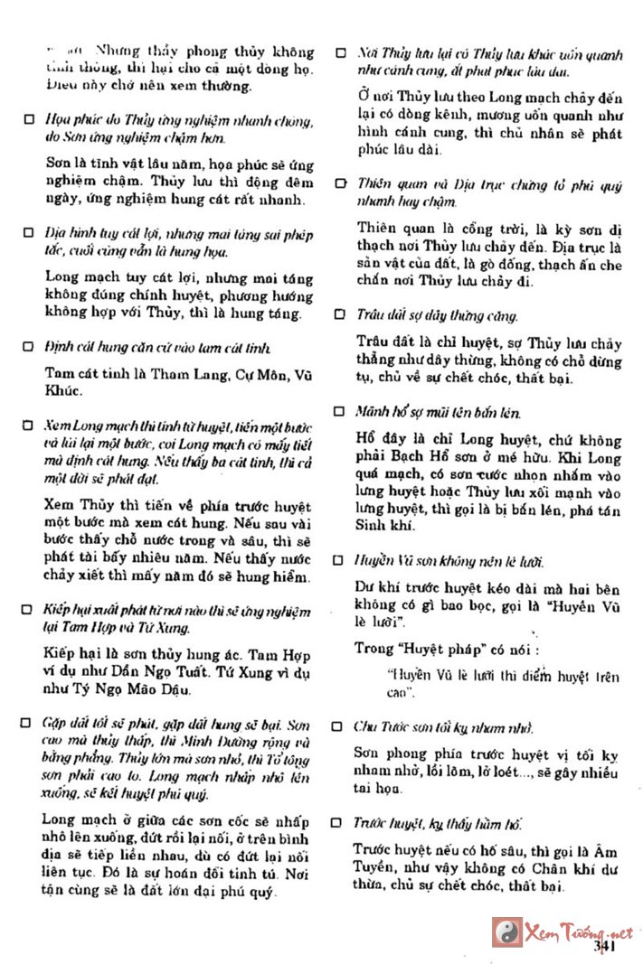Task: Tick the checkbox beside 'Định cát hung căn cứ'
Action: point(29,348)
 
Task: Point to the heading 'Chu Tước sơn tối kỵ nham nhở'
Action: point(443,726)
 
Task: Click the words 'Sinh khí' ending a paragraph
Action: point(385,525)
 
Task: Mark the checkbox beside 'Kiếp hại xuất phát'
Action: point(29,610)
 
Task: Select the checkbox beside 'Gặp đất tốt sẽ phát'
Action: point(29,725)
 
